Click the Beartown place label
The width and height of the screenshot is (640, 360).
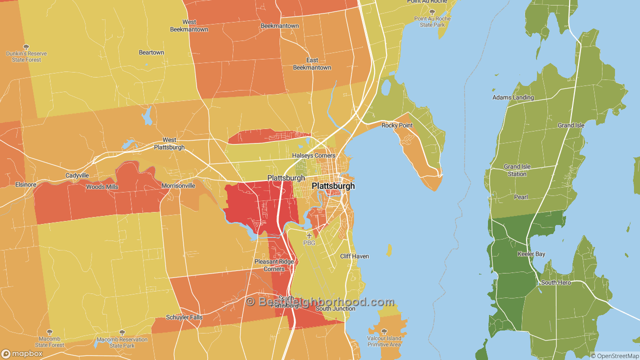151,52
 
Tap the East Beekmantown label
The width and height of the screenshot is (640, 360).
312,64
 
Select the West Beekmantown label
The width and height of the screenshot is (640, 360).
189,25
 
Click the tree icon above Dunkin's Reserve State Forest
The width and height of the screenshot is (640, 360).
26,47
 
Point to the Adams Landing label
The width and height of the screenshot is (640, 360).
513,97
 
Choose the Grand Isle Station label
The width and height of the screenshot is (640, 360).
517,170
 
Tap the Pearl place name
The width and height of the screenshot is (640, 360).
521,197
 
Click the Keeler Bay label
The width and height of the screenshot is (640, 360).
531,254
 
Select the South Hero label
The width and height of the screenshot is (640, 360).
555,282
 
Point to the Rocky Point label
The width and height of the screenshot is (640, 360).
397,125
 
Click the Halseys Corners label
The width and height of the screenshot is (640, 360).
313,155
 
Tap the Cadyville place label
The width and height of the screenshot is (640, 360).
77,175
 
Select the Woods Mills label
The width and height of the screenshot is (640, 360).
102,186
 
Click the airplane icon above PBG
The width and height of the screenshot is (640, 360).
309,235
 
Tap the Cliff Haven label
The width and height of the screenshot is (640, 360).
354,256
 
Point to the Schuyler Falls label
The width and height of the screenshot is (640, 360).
184,317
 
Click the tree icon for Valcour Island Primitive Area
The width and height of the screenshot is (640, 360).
384,331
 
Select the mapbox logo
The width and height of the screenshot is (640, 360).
22,353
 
